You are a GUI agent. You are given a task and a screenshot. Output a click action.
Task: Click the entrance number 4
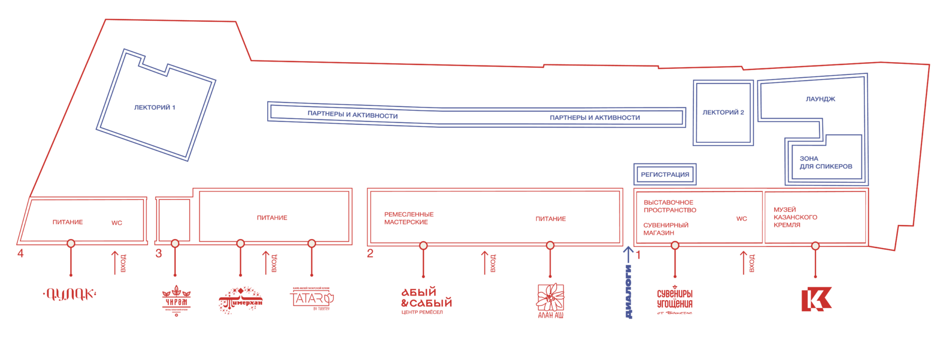[21, 253]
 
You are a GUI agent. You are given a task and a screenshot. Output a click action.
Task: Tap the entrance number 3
[159, 254]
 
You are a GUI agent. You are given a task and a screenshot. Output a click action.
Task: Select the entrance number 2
[370, 254]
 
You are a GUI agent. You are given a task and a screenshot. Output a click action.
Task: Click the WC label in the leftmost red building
[117, 223]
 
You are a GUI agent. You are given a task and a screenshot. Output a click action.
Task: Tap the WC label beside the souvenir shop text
[741, 219]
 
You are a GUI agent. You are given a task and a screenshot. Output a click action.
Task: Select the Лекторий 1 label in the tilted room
[155, 107]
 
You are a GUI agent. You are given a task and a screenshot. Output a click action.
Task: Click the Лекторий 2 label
[723, 113]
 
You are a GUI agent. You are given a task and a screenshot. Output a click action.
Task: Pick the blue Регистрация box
[665, 175]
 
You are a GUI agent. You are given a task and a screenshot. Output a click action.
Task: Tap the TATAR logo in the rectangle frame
[312, 299]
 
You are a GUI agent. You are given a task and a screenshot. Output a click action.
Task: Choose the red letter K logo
[816, 299]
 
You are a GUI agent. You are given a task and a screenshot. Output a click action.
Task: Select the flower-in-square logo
[550, 299]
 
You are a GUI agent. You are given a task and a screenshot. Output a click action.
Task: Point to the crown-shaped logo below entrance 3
[176, 300]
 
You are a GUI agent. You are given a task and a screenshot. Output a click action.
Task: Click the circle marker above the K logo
[815, 245]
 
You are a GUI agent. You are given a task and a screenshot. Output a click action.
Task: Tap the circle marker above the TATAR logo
[312, 244]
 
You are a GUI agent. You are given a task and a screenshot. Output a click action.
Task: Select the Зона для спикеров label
[825, 162]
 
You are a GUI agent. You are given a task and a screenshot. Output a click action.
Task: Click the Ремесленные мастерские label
[409, 218]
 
